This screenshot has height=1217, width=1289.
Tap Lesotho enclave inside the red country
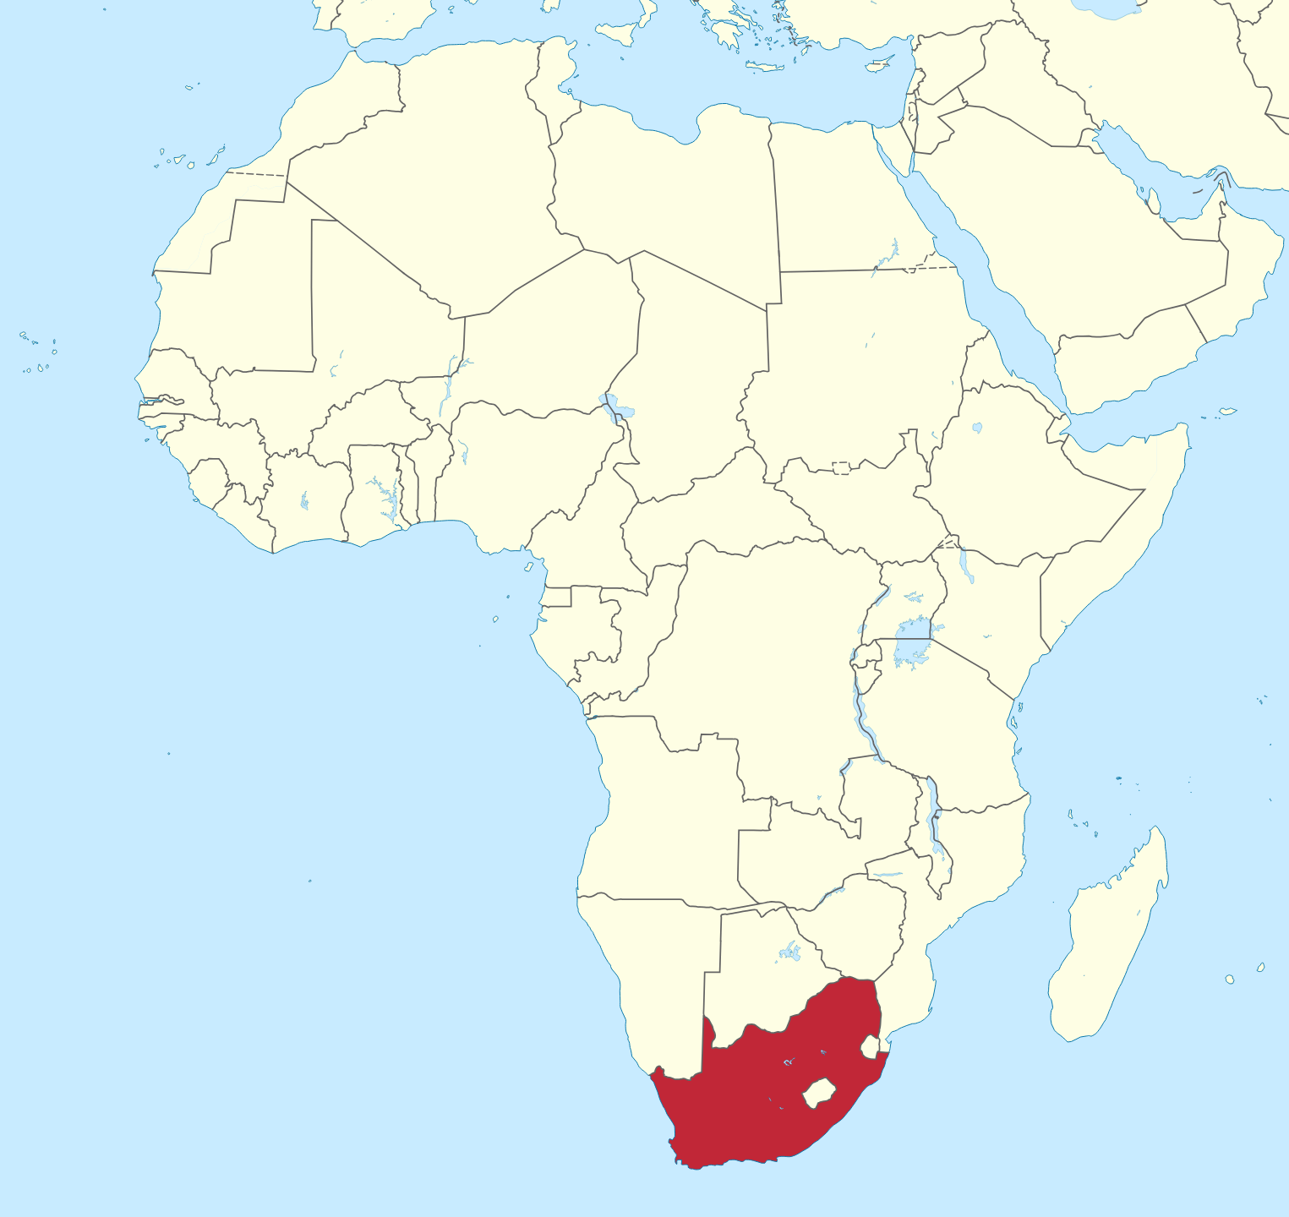(818, 1093)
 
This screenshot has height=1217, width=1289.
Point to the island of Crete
(765, 67)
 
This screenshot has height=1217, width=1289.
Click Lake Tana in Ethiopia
(977, 428)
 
